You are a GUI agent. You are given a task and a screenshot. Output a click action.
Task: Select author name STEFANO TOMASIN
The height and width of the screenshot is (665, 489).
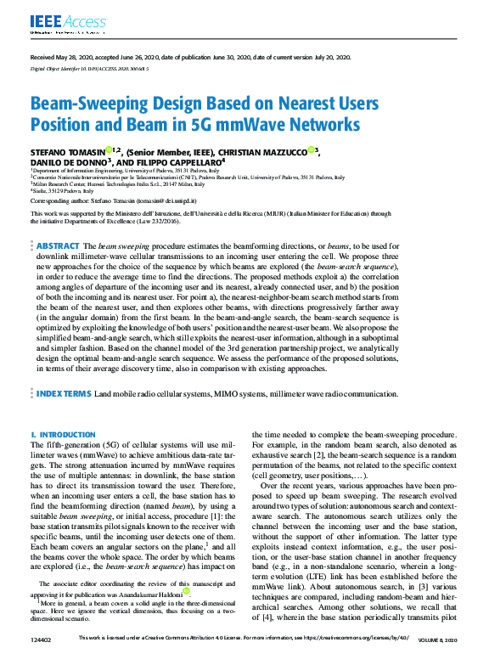(68, 151)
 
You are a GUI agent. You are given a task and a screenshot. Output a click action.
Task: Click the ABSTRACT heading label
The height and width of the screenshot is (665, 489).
(57, 245)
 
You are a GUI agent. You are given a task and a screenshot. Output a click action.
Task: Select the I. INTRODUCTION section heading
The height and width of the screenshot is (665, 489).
(63, 434)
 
